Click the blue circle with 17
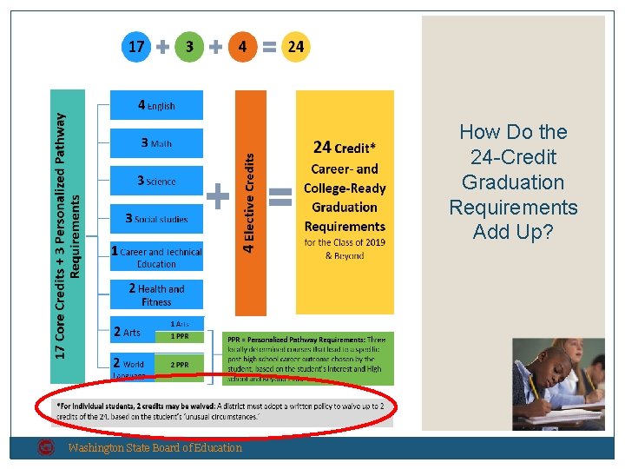point(136,47)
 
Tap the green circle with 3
point(189,47)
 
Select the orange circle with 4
point(242,47)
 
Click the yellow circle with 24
point(295,47)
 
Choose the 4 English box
point(156,105)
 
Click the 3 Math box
point(156,143)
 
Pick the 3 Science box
point(156,181)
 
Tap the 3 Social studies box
point(156,218)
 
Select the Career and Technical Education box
point(156,257)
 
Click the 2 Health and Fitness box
point(156,294)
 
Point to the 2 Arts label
point(128,332)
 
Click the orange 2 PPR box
point(180,365)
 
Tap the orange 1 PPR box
point(180,335)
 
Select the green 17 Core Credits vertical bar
point(69,234)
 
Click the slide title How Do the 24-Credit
point(513,182)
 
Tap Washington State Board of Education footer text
point(155,448)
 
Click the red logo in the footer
point(46,448)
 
